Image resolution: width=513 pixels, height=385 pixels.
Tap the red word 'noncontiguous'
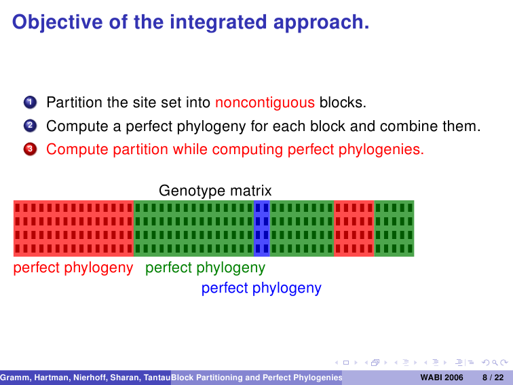[x=265, y=103]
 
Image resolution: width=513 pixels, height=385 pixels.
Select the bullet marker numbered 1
[x=30, y=102]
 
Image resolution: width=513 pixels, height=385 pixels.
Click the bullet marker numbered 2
[x=30, y=126]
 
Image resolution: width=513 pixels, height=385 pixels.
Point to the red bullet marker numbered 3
[x=30, y=149]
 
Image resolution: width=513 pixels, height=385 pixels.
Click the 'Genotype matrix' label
[x=215, y=191]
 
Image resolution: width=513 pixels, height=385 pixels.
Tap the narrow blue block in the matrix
[x=262, y=228]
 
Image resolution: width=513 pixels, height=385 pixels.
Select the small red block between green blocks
[x=354, y=228]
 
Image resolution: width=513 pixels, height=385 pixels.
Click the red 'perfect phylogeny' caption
[x=73, y=268]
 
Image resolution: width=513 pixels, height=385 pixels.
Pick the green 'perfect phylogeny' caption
[x=205, y=268]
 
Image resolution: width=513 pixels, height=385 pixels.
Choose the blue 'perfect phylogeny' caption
[x=261, y=289]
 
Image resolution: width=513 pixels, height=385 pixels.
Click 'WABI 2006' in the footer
[x=442, y=378]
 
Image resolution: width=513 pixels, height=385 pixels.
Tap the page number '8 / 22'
[x=493, y=378]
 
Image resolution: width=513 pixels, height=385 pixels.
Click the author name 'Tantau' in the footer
[x=157, y=378]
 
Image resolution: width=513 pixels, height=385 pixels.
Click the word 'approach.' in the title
[x=321, y=22]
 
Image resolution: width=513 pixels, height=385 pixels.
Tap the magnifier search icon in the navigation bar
[x=495, y=363]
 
